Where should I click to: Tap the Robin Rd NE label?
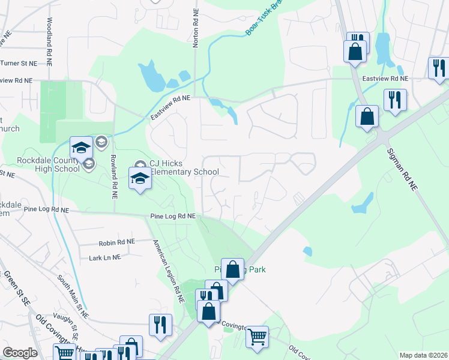point(117,242)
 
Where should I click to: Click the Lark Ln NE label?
point(104,257)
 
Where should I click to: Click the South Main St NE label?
point(73,296)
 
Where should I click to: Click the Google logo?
point(20,353)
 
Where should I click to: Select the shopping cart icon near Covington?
point(257,337)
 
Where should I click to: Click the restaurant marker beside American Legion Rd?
point(160,325)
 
